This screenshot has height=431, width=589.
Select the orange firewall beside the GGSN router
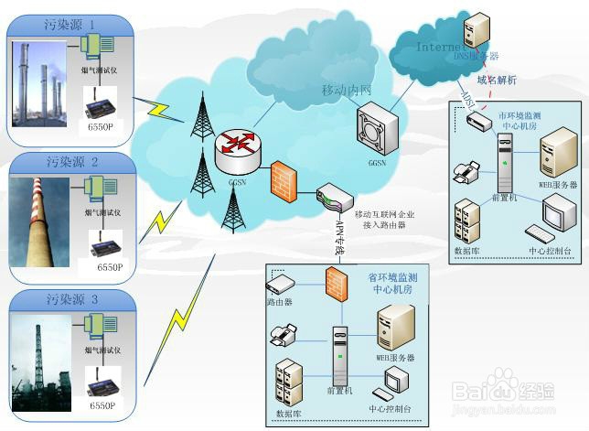282,182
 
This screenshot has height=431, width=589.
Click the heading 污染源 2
70,161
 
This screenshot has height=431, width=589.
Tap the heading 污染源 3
70,299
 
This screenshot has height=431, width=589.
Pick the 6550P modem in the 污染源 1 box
97,110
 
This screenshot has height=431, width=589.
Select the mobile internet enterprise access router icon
331,196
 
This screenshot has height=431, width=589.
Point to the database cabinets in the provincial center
289,383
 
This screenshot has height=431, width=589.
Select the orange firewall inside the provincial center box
333,279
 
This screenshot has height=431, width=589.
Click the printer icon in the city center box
465,170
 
